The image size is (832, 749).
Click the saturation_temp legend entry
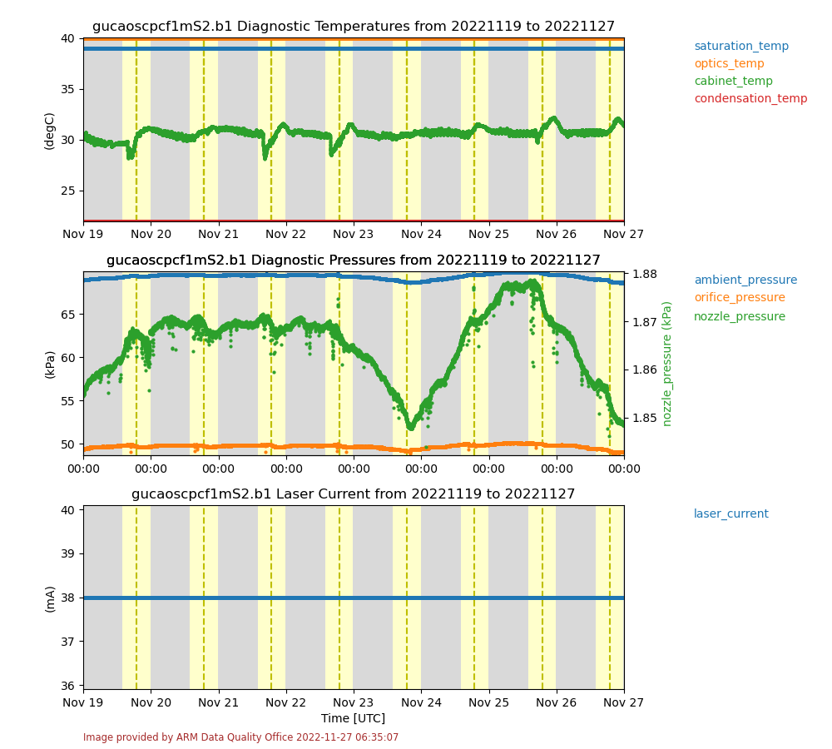[741, 47]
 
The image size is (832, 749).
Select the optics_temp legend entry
[729, 64]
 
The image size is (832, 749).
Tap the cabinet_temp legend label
[733, 82]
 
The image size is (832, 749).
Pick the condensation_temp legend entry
[750, 99]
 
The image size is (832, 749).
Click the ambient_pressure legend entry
[745, 280]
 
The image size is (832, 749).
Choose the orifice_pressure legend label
[740, 298]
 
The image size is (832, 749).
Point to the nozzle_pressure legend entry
[740, 317]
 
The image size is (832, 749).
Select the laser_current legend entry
[731, 514]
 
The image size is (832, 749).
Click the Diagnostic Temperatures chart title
[354, 27]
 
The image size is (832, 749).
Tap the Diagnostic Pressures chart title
[354, 260]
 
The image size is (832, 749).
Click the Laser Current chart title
[354, 494]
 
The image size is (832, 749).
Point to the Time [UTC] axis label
[354, 718]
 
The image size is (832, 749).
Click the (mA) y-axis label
[50, 598]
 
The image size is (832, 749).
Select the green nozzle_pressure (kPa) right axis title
[667, 364]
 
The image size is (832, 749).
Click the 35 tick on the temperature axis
[68, 89]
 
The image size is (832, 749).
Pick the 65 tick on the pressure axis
[68, 315]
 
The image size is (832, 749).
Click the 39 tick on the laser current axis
[68, 553]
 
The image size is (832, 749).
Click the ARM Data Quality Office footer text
[241, 737]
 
